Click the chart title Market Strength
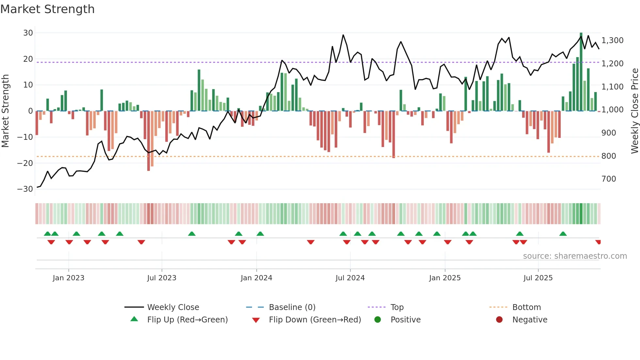pyautogui.click(x=47, y=9)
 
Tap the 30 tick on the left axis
pyautogui.click(x=28, y=33)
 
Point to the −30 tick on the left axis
pyautogui.click(x=25, y=189)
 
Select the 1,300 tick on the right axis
pyautogui.click(x=612, y=41)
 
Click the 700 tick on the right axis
pyautogui.click(x=609, y=179)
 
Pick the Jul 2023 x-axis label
pyautogui.click(x=162, y=278)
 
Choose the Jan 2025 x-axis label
pyautogui.click(x=445, y=278)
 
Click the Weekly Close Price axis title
pyautogui.click(x=634, y=111)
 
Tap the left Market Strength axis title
pyautogui.click(x=6, y=111)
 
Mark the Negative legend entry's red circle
pyautogui.click(x=499, y=320)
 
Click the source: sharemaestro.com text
pyautogui.click(x=575, y=256)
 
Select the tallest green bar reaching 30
pyautogui.click(x=581, y=72)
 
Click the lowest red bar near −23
pyautogui.click(x=149, y=140)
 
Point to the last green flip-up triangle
pyautogui.click(x=563, y=234)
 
